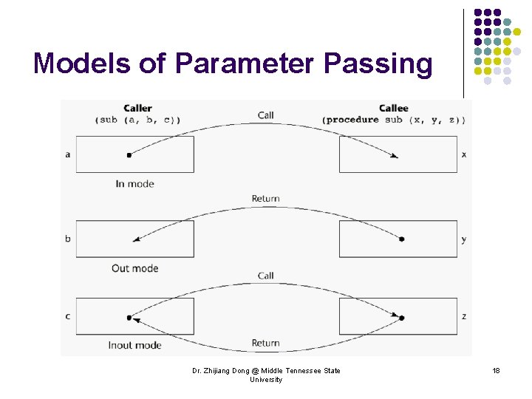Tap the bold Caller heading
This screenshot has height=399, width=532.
137,109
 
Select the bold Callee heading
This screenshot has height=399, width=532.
393,109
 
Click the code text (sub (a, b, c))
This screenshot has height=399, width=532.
137,120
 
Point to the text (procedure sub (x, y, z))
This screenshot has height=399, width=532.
393,120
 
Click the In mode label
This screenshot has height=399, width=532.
134,183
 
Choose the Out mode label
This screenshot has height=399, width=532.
134,268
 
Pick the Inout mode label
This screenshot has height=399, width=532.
134,345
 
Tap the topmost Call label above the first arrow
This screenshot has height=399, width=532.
266,115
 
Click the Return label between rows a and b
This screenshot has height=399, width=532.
265,198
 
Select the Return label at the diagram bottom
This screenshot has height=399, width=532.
265,343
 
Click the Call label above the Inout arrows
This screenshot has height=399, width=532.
266,276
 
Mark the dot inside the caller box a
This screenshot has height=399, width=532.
129,155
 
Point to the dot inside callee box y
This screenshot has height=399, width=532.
401,239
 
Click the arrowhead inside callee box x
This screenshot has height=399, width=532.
395,156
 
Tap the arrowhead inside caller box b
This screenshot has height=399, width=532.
136,239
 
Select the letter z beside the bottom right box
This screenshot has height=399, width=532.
463,316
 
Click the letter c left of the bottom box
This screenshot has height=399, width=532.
68,316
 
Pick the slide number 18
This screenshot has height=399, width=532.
497,370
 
